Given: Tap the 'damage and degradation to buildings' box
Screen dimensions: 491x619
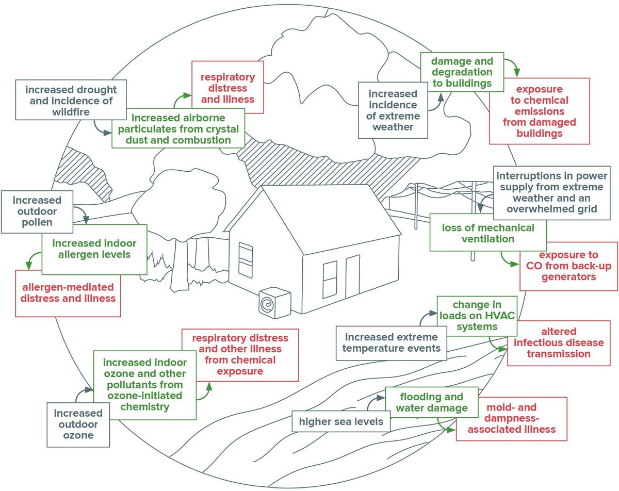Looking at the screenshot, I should click(462, 72).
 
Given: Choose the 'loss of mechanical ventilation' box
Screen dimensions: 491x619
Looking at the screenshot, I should click(488, 233).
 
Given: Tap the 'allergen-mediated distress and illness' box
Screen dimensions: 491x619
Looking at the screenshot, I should click(68, 291).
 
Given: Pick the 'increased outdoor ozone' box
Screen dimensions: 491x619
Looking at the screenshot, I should click(78, 424).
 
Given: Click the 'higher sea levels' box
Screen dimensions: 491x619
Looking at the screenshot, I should click(341, 421).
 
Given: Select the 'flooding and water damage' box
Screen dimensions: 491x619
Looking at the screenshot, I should click(431, 403).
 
